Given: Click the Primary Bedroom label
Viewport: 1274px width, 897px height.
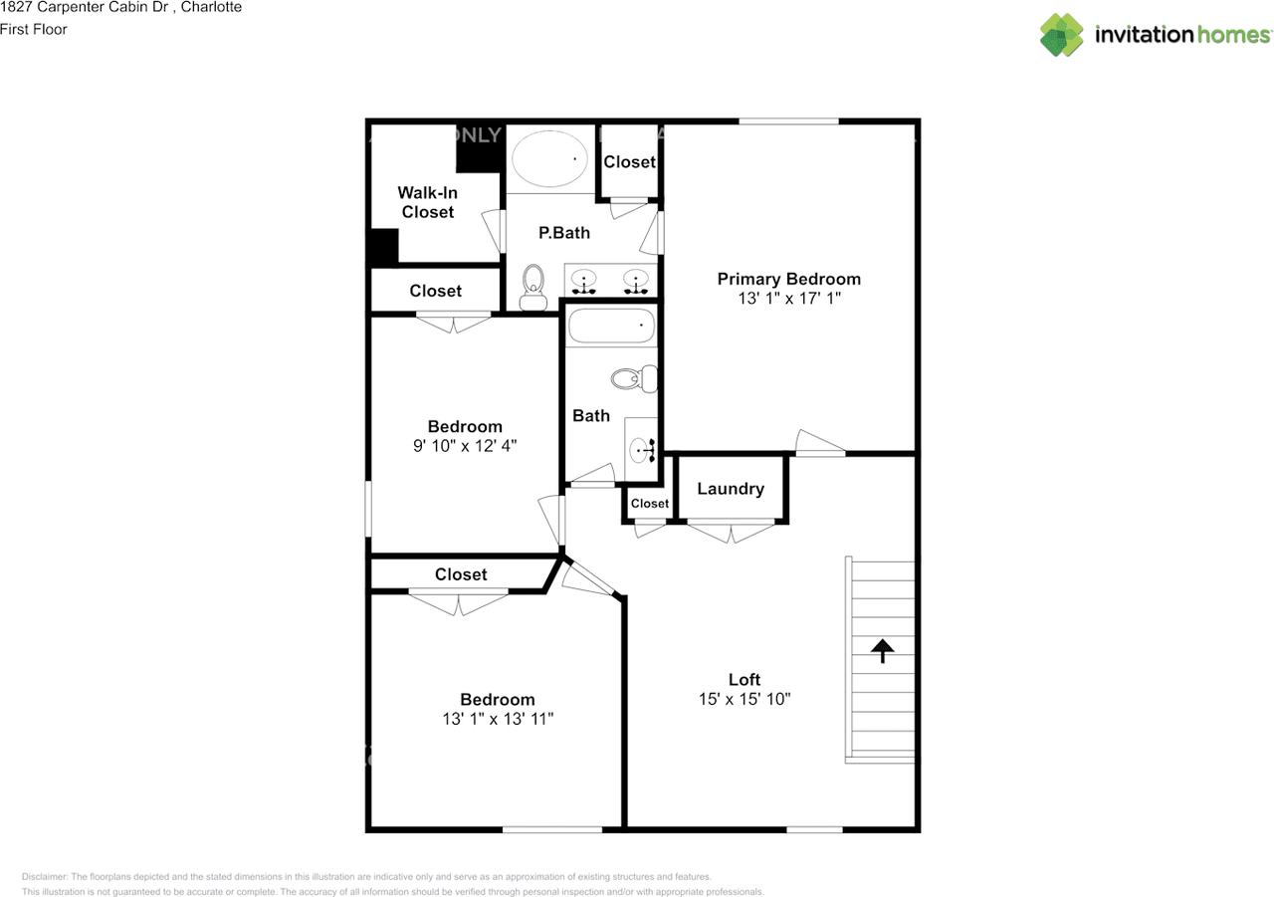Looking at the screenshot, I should click(788, 279).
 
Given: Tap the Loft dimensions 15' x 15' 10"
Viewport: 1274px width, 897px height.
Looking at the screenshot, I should click(744, 699).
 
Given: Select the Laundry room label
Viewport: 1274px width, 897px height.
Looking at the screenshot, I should click(731, 489).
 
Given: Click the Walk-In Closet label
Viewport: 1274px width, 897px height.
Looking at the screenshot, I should click(427, 202).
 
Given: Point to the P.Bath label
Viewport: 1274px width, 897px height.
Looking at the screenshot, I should click(564, 233).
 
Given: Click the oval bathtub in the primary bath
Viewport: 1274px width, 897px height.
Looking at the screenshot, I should click(548, 159).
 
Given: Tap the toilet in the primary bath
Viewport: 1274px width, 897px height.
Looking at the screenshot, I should click(534, 288).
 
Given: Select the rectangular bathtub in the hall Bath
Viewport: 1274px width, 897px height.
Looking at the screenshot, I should click(610, 326).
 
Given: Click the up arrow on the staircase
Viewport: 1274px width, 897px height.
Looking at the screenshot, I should click(882, 650).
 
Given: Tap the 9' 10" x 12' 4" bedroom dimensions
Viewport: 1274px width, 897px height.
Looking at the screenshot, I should click(465, 447).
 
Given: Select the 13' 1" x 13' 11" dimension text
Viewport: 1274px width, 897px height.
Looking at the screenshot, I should click(497, 718).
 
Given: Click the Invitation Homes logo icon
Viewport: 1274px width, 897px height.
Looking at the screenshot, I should click(1062, 35).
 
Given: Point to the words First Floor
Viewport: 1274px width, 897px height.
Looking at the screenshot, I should click(34, 29).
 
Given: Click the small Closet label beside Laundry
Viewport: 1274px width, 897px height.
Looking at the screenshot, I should click(650, 504).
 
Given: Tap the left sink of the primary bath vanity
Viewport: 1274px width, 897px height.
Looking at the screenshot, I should click(584, 281).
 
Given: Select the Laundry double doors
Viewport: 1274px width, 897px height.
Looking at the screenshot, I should click(732, 533).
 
